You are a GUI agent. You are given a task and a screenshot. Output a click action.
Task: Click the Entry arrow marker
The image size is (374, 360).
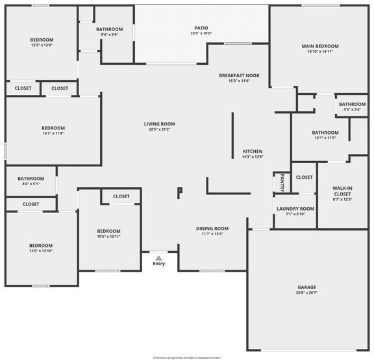[x=158, y=257]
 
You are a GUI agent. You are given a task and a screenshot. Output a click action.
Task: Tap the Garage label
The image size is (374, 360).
[x=306, y=287]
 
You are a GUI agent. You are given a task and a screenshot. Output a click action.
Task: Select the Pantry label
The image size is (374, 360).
[x=282, y=183]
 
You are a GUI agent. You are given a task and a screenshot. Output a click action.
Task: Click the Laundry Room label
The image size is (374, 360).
[x=295, y=209]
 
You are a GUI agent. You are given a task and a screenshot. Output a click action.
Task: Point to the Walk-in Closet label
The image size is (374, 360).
[x=342, y=191]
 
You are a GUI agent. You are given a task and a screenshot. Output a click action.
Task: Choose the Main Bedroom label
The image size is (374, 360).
[x=320, y=46]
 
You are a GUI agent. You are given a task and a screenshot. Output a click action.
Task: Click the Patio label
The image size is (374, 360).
[x=201, y=28]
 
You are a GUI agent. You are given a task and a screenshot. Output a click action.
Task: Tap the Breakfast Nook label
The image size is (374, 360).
[x=239, y=75]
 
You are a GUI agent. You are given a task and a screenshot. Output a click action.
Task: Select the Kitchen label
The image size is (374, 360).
[x=253, y=151]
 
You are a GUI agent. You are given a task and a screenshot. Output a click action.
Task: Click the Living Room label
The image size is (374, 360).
[x=160, y=123]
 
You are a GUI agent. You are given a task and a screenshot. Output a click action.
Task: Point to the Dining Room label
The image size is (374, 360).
[x=212, y=228]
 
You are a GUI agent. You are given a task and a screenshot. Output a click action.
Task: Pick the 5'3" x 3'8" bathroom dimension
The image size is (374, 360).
[x=351, y=109]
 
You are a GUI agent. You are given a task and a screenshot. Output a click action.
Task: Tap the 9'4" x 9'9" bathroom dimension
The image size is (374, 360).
[x=109, y=34]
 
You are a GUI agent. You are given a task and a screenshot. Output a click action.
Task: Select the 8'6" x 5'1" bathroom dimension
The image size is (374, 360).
[x=31, y=184]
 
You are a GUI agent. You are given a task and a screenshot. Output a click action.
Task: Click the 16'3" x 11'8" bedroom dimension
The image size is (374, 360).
[x=53, y=133]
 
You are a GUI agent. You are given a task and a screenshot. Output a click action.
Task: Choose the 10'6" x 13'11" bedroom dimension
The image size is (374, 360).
[x=108, y=237]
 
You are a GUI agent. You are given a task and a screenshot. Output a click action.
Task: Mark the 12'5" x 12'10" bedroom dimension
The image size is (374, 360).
[x=40, y=251]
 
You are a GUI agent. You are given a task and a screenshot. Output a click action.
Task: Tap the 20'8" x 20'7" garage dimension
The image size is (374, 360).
[x=306, y=292]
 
